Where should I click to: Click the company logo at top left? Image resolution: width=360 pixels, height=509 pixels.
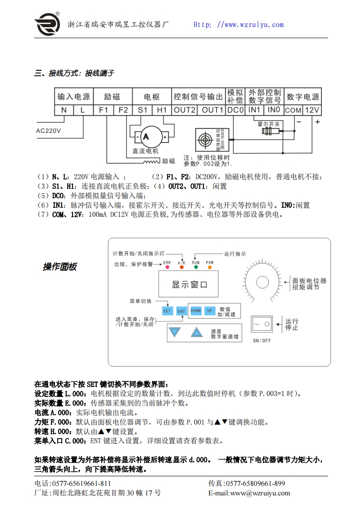tap(47, 23)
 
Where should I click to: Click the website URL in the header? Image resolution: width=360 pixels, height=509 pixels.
tap(238, 25)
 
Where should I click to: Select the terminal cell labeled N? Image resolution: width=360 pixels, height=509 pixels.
tap(64, 110)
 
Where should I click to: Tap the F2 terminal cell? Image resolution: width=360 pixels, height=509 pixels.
tap(123, 110)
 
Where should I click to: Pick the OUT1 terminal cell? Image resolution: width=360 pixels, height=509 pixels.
tap(212, 110)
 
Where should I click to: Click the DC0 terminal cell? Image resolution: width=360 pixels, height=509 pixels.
tap(236, 110)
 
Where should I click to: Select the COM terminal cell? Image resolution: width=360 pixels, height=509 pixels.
tap(293, 110)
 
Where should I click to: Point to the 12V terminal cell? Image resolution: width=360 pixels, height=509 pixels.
tap(312, 110)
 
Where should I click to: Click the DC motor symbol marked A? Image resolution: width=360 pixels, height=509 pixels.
tap(146, 136)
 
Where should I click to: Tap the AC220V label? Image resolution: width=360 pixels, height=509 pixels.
tap(49, 130)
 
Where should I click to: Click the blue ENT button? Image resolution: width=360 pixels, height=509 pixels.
tap(181, 311)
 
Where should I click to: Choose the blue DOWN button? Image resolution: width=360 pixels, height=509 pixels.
tap(196, 311)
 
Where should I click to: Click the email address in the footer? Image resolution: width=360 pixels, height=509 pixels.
tap(249, 493)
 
